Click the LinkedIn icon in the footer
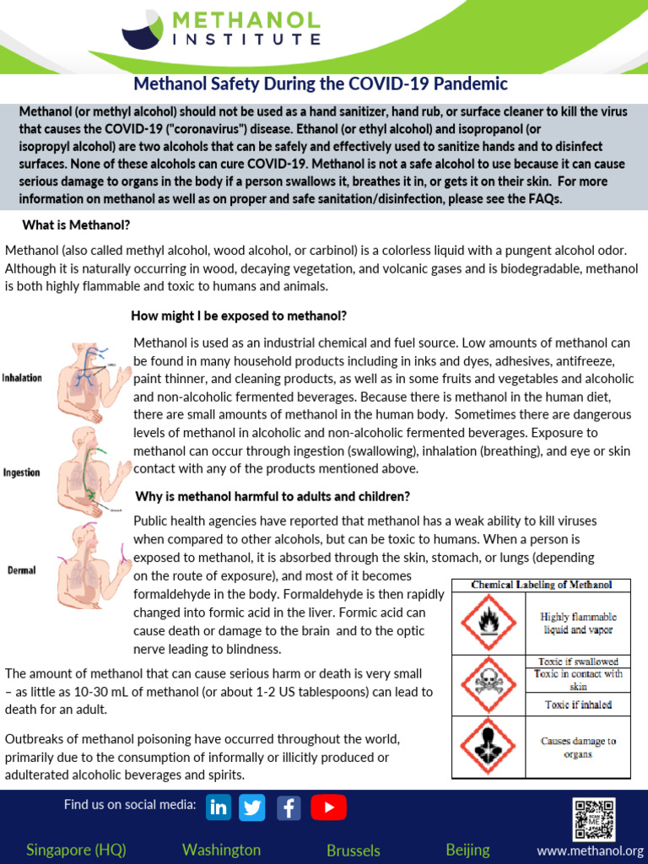point(219,807)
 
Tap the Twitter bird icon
point(252,807)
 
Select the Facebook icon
point(289,807)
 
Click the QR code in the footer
point(595,818)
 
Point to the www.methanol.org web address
point(590,850)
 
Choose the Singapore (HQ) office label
point(76,849)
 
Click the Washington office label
point(221,849)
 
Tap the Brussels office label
point(354,850)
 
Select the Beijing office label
point(467,849)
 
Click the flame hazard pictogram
point(489,623)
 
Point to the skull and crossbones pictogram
point(489,683)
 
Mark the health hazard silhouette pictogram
point(489,747)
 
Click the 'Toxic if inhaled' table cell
point(578,705)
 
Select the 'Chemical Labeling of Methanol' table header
point(541,585)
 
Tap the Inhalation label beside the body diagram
point(22,377)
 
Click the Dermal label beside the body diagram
point(21,570)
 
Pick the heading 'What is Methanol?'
point(76,225)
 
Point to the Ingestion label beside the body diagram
point(21,472)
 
